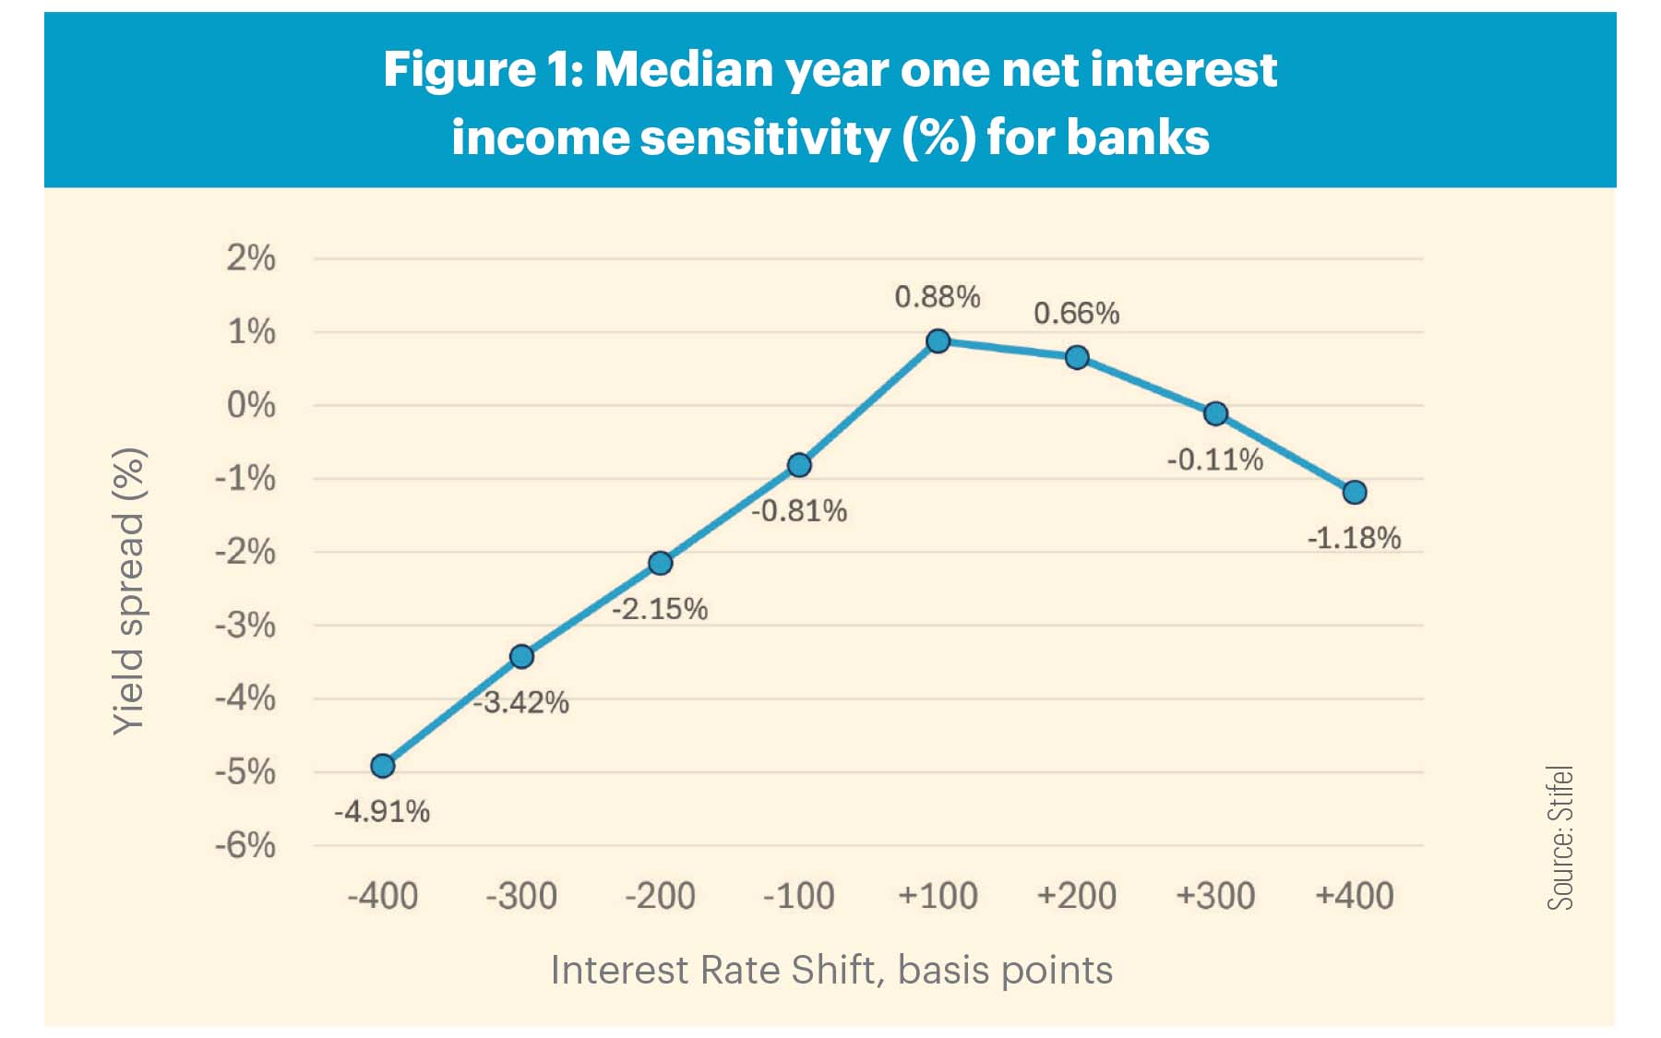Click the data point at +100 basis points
pyautogui.click(x=938, y=341)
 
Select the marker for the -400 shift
pyautogui.click(x=382, y=766)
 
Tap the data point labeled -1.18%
pyautogui.click(x=1354, y=493)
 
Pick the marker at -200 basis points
pyautogui.click(x=660, y=563)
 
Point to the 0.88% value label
pyautogui.click(x=937, y=297)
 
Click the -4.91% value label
pyautogui.click(x=381, y=812)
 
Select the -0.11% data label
pyautogui.click(x=1214, y=459)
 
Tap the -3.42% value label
pyautogui.click(x=522, y=703)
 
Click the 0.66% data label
pyautogui.click(x=1076, y=314)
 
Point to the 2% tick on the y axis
pyautogui.click(x=251, y=258)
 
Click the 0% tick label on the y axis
pyautogui.click(x=251, y=405)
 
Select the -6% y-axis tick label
pyautogui.click(x=245, y=845)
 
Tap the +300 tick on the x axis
pyautogui.click(x=1214, y=896)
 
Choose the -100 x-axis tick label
pyautogui.click(x=798, y=896)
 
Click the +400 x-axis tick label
pyautogui.click(x=1354, y=896)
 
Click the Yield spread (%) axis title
pyautogui.click(x=128, y=591)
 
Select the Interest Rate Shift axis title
pyautogui.click(x=831, y=971)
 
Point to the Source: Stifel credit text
pyautogui.click(x=1560, y=838)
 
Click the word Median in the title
pyautogui.click(x=684, y=69)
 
